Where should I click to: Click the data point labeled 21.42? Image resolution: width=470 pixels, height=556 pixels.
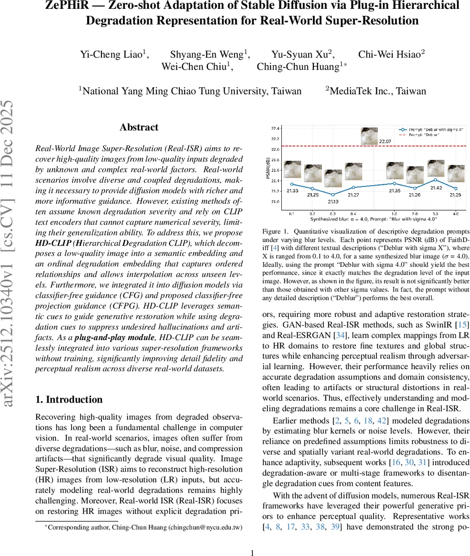tap(435, 180)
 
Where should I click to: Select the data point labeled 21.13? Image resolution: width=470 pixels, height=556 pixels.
tap(332, 195)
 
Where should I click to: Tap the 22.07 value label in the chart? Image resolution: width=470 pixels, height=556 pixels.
tap(386, 141)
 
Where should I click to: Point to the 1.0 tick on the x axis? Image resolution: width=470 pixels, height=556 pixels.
tap(394, 214)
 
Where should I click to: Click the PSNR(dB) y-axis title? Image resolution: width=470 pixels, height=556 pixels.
tap(268, 169)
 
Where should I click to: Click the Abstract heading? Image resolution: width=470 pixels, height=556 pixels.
tap(139, 127)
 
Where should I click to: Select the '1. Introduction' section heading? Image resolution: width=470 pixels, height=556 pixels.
tap(69, 399)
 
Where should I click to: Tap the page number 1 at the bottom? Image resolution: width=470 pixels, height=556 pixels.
tap(252, 552)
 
